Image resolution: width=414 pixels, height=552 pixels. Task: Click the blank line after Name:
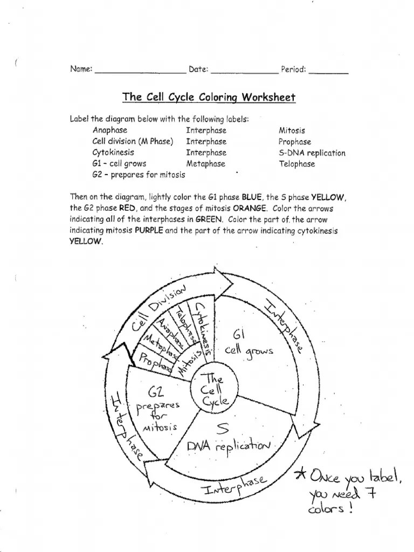coord(140,72)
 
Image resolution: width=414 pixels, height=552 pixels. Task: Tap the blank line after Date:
coord(244,72)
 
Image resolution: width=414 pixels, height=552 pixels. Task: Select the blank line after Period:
coord(328,72)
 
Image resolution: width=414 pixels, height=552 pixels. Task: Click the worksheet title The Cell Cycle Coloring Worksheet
coord(209,98)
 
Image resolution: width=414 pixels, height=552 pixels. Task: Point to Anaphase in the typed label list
coord(110,130)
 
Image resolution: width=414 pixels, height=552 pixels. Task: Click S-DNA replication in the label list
coord(312,153)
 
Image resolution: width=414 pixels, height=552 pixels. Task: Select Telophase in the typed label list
coord(296,164)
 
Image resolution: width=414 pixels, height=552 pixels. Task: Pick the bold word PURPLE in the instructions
coord(148,231)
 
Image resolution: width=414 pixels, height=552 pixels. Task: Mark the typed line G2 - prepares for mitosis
coord(139,175)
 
